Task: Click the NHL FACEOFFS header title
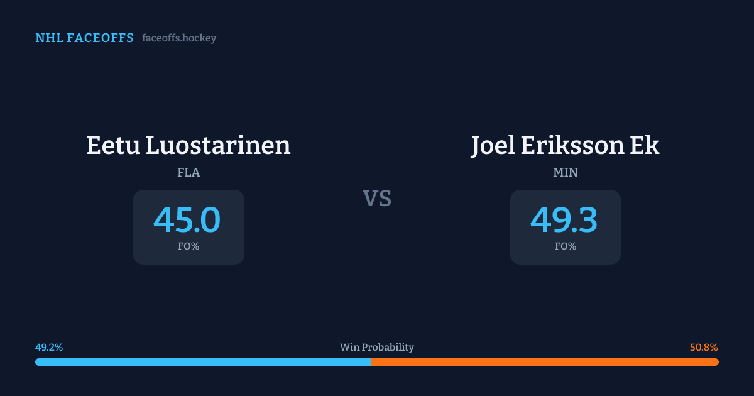(84, 38)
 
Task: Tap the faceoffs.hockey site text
(179, 38)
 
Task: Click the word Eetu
(113, 145)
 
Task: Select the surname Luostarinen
(218, 145)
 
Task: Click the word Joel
(493, 145)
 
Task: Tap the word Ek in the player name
(645, 145)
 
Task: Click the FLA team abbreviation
(188, 172)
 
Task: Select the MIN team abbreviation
(565, 172)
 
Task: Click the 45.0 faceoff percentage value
(187, 220)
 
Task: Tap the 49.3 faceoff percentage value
(564, 220)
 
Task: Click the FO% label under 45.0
(188, 246)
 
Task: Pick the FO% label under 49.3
(565, 246)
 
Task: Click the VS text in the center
(377, 199)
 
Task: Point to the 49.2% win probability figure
(49, 348)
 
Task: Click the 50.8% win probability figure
(704, 348)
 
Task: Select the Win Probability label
(377, 348)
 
